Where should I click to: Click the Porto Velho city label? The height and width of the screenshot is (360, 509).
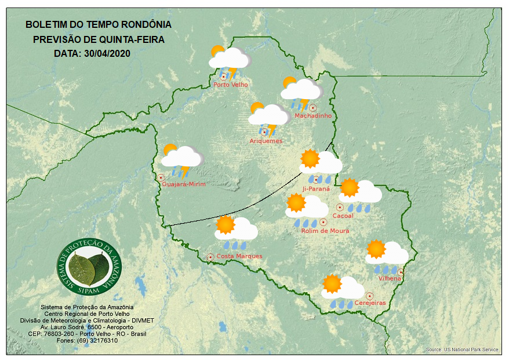click(x=231, y=85)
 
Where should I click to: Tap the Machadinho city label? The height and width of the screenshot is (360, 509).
click(x=313, y=116)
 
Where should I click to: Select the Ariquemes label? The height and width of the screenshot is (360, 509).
click(x=266, y=141)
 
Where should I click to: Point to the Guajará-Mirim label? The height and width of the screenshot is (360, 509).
click(x=184, y=184)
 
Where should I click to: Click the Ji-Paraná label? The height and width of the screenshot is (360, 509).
click(x=316, y=189)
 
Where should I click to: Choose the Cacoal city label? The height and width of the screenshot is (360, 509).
click(x=343, y=216)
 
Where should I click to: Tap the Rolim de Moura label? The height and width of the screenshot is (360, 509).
click(x=325, y=231)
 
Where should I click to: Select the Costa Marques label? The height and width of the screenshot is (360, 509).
click(x=239, y=256)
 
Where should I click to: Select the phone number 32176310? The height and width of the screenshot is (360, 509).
click(x=103, y=340)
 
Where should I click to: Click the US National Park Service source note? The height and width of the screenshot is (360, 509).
click(x=461, y=350)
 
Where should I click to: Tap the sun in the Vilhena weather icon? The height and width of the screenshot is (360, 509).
click(x=376, y=249)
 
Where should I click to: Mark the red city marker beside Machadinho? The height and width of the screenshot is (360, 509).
click(x=313, y=107)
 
